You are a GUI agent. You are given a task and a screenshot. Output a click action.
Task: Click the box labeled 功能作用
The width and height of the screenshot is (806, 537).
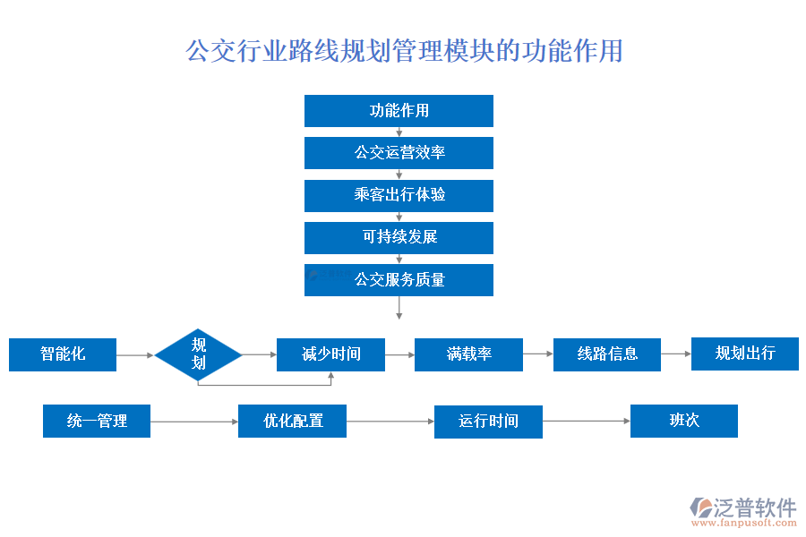pos(399,111)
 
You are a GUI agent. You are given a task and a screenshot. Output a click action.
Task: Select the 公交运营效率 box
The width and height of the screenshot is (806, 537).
pos(399,153)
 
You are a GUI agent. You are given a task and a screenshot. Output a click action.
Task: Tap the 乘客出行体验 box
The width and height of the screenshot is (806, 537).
pos(399,195)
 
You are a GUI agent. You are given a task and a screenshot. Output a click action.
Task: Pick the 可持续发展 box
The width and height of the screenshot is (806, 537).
pos(399,237)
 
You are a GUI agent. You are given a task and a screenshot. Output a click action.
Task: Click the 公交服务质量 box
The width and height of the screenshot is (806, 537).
pos(399,279)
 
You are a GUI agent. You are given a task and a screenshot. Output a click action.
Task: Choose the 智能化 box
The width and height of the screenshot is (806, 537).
pos(63,354)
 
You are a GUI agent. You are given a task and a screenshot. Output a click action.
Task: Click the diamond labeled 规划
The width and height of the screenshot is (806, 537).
pos(199,354)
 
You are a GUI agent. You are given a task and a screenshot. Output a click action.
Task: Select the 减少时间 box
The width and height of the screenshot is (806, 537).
pos(330,354)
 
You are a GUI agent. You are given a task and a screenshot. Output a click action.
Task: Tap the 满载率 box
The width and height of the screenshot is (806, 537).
pos(468,354)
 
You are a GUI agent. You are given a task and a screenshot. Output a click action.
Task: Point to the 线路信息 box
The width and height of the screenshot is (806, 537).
pos(607,354)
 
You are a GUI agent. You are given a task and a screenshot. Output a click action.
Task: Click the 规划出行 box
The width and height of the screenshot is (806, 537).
pos(744,354)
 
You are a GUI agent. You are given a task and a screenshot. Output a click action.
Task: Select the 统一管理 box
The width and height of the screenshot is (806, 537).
pos(97,421)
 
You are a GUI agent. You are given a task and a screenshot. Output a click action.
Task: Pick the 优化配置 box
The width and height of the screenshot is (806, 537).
pos(292,421)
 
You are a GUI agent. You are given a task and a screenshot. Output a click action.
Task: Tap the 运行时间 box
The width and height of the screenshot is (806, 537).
pos(488,422)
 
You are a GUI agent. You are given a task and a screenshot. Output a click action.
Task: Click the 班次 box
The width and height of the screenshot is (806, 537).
pos(684,421)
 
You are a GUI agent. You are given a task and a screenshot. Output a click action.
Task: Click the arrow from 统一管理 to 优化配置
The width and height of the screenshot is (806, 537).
pos(193,422)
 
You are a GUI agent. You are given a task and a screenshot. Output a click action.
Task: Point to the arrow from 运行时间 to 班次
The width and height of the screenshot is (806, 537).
pos(586,422)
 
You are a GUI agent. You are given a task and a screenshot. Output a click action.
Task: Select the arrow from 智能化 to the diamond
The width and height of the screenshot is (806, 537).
pos(135,355)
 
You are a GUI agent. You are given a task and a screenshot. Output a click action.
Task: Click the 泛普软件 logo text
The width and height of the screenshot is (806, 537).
pos(754,507)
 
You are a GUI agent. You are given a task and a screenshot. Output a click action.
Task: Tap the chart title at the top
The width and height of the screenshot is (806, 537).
pos(404,50)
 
